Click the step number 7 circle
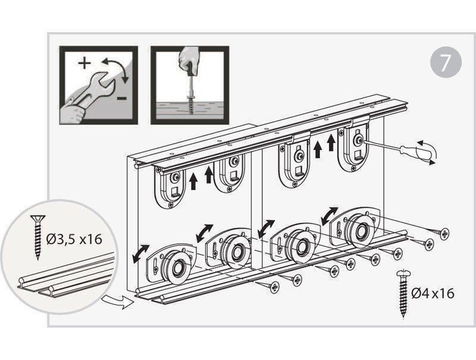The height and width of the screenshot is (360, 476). pyautogui.click(x=446, y=63)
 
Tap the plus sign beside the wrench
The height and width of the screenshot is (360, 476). pyautogui.click(x=84, y=64)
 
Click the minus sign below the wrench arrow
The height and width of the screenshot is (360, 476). pyautogui.click(x=122, y=98)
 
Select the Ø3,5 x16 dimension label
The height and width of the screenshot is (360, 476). pyautogui.click(x=74, y=240)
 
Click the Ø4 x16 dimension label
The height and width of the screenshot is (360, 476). pyautogui.click(x=433, y=293)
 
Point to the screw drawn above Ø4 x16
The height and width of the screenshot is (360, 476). pyautogui.click(x=403, y=293)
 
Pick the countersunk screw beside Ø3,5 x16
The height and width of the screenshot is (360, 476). pyautogui.click(x=37, y=237)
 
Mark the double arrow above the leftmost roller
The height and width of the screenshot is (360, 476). pyautogui.click(x=141, y=253)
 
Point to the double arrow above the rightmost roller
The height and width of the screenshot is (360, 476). pyautogui.click(x=330, y=216)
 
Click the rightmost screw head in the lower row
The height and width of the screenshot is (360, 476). pyautogui.click(x=444, y=233)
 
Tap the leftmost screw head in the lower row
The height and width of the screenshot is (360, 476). pyautogui.click(x=274, y=287)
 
